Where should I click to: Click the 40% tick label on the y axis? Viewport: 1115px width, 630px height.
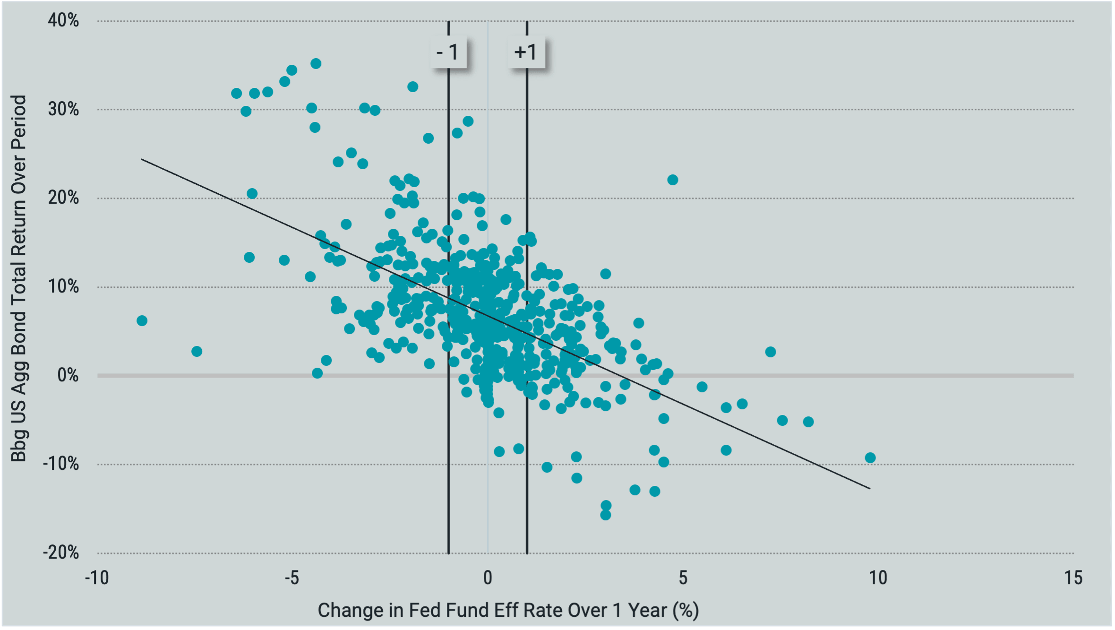coord(63,20)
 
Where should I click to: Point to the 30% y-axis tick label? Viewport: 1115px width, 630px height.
coord(63,109)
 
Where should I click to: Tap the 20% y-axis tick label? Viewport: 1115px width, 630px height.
coord(63,198)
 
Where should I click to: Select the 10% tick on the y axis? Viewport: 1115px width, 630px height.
coord(63,286)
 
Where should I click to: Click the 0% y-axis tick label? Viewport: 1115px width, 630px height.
coord(68,375)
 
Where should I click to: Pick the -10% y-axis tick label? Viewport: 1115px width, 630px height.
coord(61,464)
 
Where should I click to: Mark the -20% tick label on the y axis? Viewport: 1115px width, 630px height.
coord(61,552)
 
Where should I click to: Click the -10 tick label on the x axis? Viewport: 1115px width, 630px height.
coord(97,578)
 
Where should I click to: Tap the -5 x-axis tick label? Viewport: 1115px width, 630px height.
coord(292,578)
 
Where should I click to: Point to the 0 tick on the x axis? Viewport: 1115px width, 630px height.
coord(488,578)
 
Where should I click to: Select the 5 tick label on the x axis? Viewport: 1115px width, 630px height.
coord(683,578)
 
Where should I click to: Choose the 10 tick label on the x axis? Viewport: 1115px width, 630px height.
coord(878,578)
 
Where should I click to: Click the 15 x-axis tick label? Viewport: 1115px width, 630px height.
coord(1073,578)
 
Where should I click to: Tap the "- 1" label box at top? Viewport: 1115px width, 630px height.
coord(448,52)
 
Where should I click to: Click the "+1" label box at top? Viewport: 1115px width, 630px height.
coord(526,52)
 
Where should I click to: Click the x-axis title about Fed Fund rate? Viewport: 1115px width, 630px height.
coord(508,610)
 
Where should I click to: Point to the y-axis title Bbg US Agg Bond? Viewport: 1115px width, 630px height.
coord(19,279)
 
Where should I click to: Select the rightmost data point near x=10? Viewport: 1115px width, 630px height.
coord(870,457)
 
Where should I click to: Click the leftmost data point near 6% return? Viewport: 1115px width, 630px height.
coord(142,321)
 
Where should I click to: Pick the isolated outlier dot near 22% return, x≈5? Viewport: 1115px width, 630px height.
coord(672,180)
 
